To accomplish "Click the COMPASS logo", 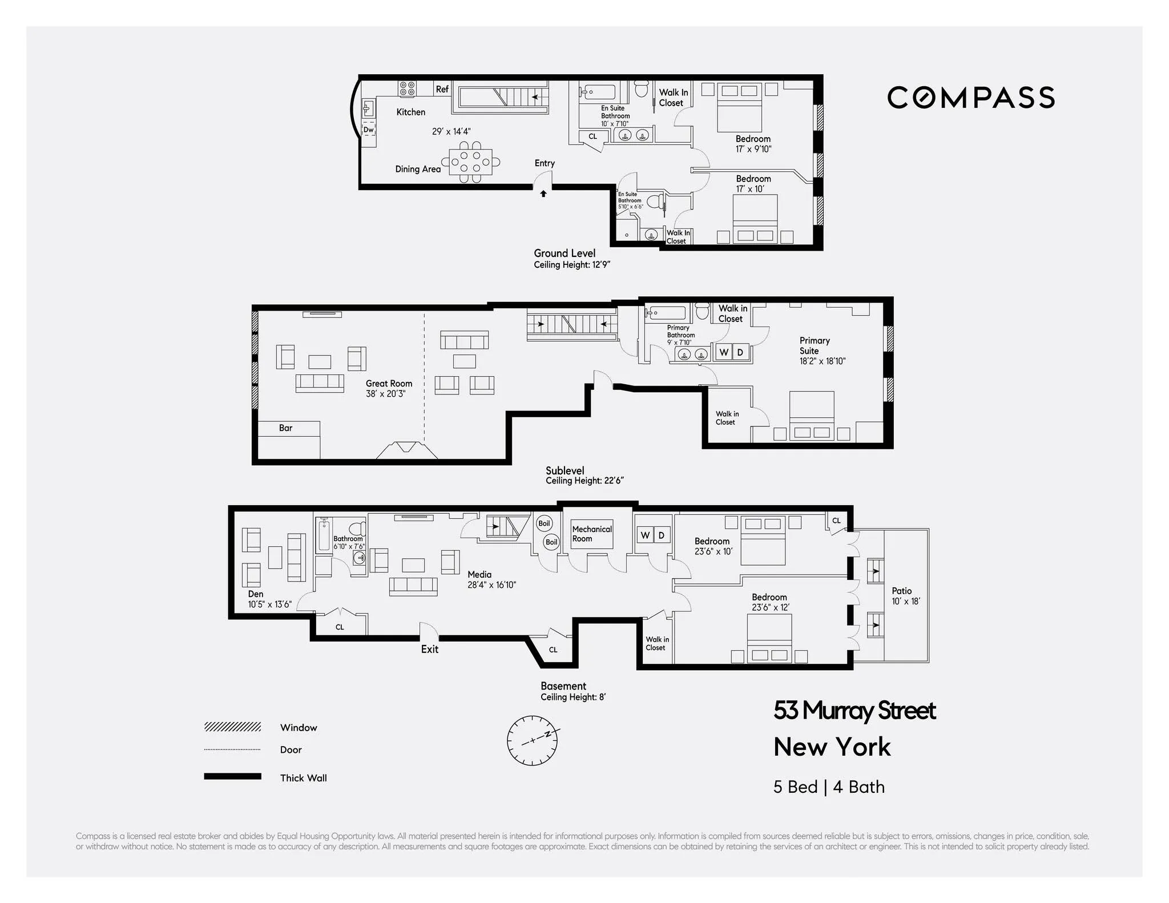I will click(970, 98).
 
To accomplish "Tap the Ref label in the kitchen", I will click(442, 89).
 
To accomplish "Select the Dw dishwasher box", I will click(369, 130).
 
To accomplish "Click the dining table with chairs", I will click(470, 162).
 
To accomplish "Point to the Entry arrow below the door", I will click(543, 194).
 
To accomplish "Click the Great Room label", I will click(389, 384).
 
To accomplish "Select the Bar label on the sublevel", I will click(285, 428).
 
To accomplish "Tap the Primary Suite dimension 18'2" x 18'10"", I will click(822, 361).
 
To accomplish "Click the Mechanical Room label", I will click(591, 534).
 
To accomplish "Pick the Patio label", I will click(901, 591).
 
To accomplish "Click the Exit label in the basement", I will click(429, 649).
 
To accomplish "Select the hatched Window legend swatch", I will click(232, 727).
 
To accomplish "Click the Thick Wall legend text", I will click(303, 777).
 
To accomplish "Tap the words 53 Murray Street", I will click(854, 711).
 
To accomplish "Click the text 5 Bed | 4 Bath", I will click(829, 787).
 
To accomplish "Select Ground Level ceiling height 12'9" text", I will click(572, 265).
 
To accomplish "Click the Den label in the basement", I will click(255, 594).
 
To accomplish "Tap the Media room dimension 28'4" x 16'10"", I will click(491, 584).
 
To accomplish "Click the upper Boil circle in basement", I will click(544, 523).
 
